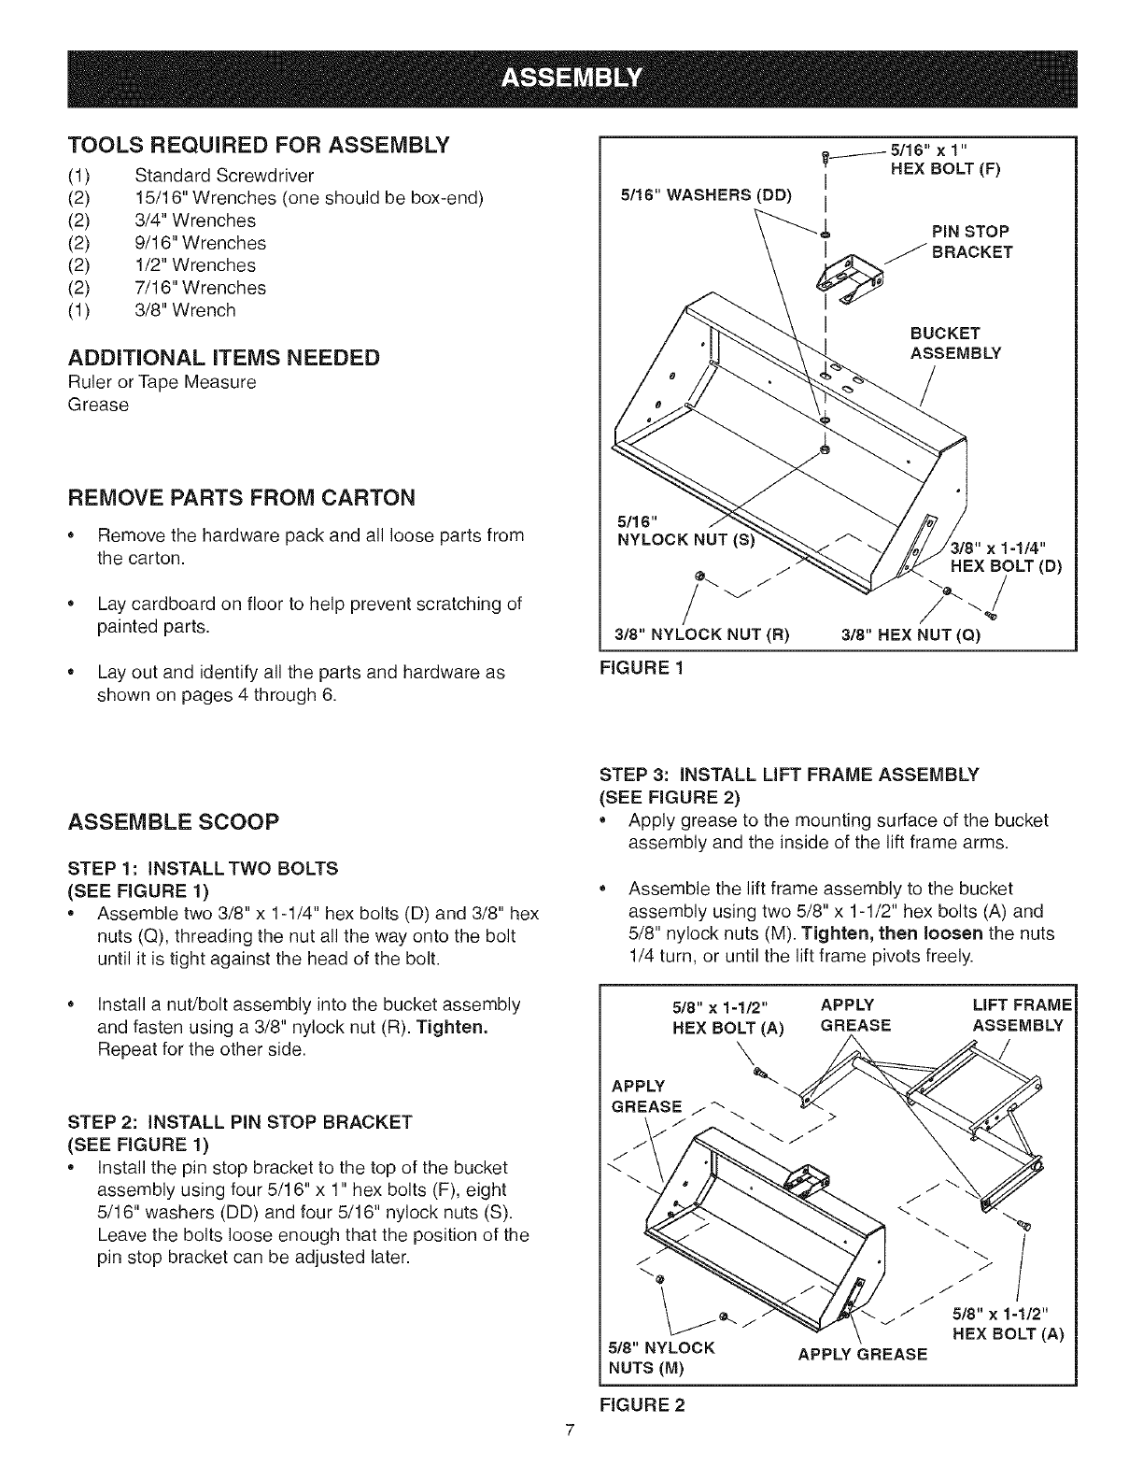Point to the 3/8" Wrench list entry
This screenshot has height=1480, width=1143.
coord(185,310)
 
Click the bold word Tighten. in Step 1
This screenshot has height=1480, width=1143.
coord(454,1028)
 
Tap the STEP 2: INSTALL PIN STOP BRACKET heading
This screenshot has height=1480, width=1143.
coord(240,1120)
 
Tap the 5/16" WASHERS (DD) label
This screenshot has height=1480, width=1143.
coord(705,195)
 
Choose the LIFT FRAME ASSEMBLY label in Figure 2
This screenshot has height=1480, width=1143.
coord(1018,1015)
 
